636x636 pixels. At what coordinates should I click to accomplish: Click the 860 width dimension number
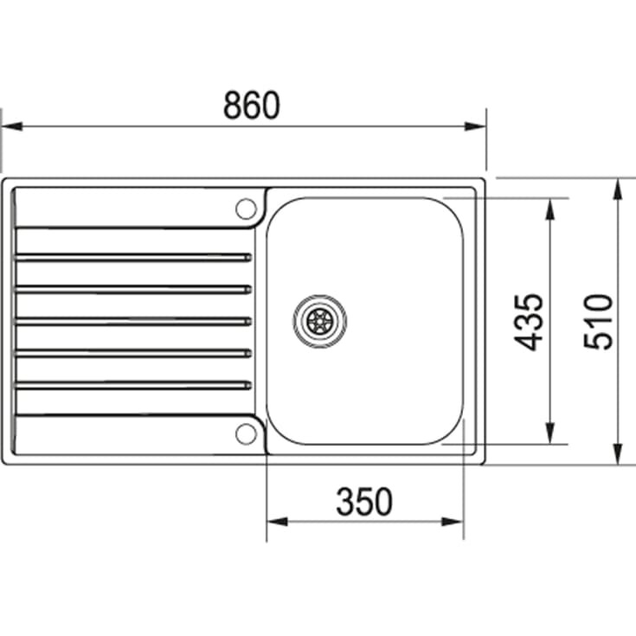pyautogui.click(x=252, y=105)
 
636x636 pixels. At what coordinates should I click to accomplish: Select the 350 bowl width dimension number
pyautogui.click(x=364, y=502)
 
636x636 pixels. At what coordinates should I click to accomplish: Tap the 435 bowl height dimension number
pyautogui.click(x=529, y=322)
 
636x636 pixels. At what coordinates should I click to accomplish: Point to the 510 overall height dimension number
pyautogui.click(x=598, y=322)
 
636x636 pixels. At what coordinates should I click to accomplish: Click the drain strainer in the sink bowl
pyautogui.click(x=320, y=321)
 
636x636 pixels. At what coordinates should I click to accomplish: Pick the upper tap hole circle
pyautogui.click(x=247, y=209)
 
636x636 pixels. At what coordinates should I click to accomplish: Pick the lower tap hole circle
pyautogui.click(x=247, y=434)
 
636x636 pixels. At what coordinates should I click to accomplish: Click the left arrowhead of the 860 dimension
pyautogui.click(x=12, y=126)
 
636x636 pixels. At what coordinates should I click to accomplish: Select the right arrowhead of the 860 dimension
pyautogui.click(x=475, y=126)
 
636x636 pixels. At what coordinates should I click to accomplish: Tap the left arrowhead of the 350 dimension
pyautogui.click(x=278, y=521)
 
